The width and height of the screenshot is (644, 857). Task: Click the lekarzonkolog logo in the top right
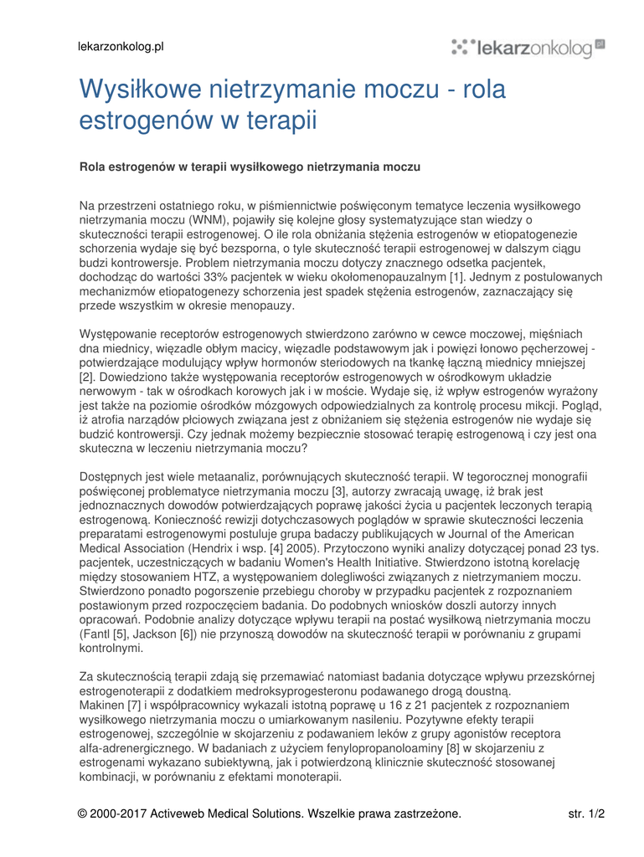click(x=528, y=48)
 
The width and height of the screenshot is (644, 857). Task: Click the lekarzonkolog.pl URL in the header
click(x=121, y=47)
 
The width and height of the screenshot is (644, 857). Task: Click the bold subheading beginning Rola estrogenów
click(x=250, y=167)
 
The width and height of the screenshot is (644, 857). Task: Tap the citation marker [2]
click(x=87, y=377)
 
